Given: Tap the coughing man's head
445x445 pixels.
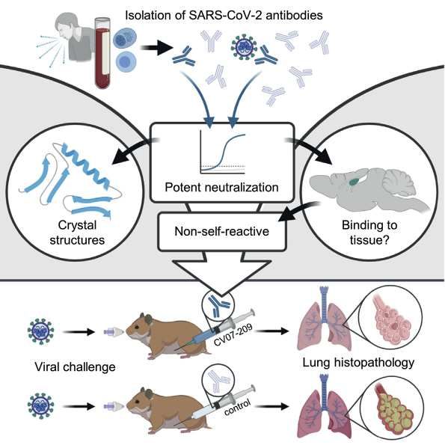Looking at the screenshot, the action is [67, 26].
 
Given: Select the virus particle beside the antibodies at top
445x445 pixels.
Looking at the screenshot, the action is [244, 46].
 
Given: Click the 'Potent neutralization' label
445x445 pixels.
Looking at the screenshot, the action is [221, 188].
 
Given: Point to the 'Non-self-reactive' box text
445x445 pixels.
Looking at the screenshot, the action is [221, 231].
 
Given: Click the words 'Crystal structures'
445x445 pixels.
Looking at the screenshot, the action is [77, 233].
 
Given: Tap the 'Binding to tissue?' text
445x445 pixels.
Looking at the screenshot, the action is [369, 233].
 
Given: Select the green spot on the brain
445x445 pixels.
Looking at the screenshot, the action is [355, 180].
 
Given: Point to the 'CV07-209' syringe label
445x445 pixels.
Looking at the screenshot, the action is [233, 335].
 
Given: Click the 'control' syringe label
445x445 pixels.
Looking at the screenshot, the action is [237, 407].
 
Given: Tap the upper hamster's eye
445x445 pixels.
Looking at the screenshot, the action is [137, 328].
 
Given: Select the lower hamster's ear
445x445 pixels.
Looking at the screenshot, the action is [147, 394].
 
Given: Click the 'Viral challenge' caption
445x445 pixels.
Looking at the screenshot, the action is [75, 367].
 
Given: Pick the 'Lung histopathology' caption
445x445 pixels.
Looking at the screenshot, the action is [358, 363].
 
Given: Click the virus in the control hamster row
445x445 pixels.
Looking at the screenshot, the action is [40, 406].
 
